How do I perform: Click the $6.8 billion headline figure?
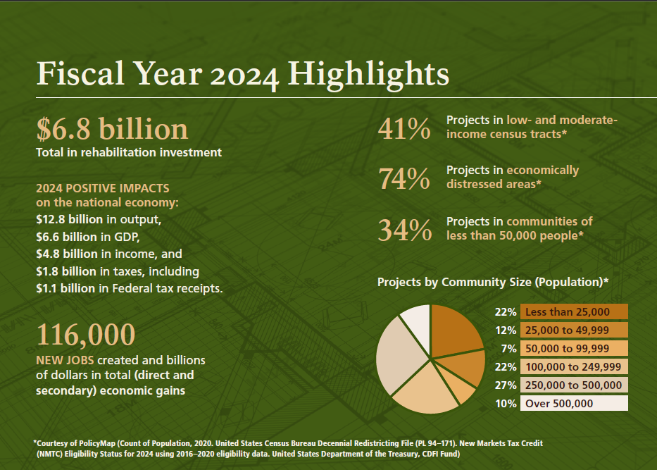[112, 129]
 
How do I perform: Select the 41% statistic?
[403, 129]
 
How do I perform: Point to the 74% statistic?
[403, 179]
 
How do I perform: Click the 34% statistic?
[403, 230]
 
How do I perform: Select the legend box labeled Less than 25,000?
[573, 312]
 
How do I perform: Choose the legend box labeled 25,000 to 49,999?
[573, 330]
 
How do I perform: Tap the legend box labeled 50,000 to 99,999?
[573, 349]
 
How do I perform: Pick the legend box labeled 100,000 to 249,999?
[573, 367]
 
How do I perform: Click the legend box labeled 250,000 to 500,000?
[573, 385]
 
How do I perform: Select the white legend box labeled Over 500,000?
[573, 404]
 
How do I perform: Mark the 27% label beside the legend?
[506, 385]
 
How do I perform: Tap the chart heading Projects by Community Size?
[493, 282]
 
